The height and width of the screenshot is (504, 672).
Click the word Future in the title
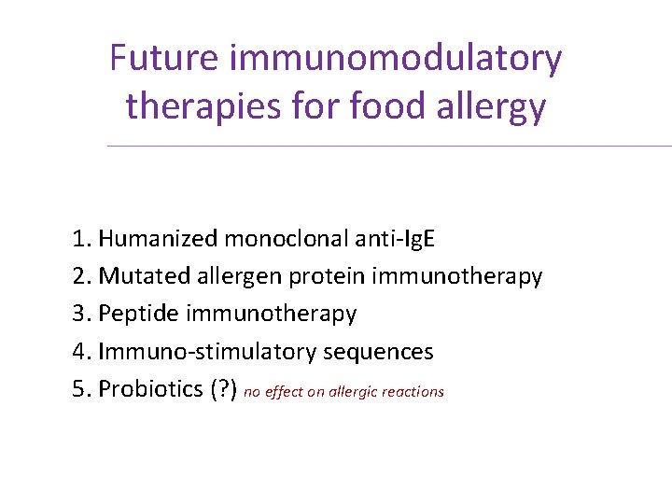163,59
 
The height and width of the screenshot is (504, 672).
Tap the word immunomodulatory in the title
395,59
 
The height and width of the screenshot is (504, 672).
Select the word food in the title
389,106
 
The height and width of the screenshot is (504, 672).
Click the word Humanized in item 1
158,240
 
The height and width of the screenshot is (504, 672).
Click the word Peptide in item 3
137,315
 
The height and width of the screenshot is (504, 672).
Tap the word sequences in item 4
378,353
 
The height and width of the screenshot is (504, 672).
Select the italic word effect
284,392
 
